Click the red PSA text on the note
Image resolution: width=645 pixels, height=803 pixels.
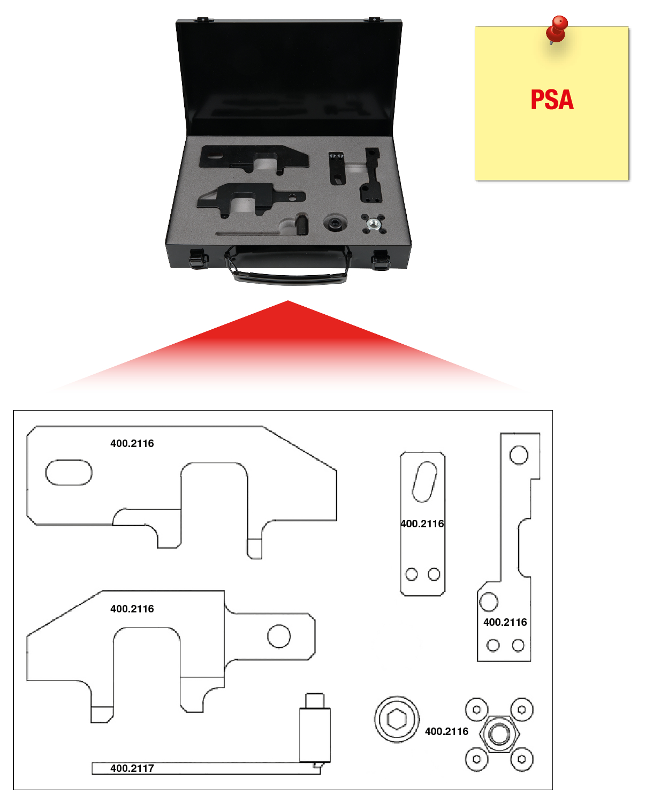tap(552, 100)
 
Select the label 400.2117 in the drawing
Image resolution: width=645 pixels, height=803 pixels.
tap(132, 768)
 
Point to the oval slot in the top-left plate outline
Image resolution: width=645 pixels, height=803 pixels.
tap(69, 472)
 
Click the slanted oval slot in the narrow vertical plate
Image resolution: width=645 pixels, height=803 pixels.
tap(424, 481)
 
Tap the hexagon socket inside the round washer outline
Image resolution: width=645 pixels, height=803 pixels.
tap(397, 719)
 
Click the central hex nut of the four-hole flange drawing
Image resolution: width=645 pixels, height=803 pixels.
tap(499, 734)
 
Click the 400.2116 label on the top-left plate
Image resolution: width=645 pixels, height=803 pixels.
tap(132, 443)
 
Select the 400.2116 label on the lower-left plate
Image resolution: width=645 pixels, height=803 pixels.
tap(132, 609)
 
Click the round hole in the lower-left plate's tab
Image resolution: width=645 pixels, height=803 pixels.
tap(279, 636)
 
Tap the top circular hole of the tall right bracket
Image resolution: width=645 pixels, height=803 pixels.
tap(518, 455)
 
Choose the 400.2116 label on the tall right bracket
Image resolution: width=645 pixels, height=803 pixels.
tap(505, 622)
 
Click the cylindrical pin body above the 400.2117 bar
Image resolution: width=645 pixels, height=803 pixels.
tap(315, 733)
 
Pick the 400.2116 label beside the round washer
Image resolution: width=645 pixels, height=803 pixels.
tap(446, 731)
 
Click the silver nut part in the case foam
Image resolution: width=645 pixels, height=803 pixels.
tap(374, 223)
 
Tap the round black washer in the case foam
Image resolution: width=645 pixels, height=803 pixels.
tap(336, 223)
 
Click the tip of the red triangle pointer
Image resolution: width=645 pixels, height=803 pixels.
tap(288, 302)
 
